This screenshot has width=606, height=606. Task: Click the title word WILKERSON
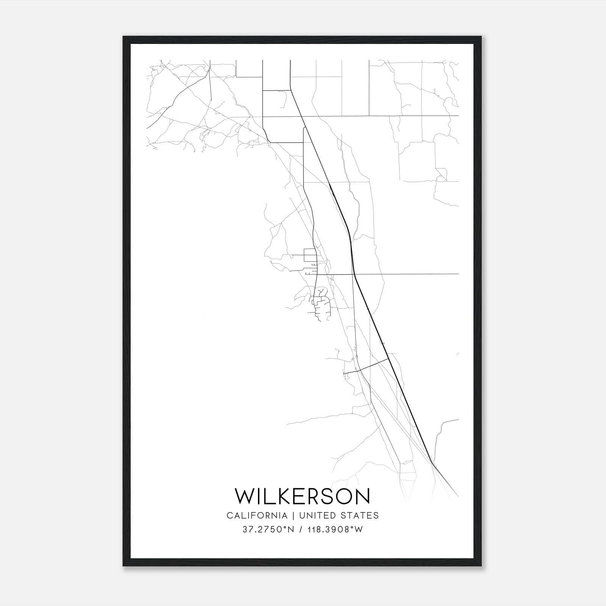point(302,496)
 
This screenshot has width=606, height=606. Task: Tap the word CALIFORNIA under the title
point(256,515)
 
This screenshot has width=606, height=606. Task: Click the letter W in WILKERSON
point(244,496)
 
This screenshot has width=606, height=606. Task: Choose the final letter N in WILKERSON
point(362,496)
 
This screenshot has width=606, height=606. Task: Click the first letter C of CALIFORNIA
point(230,515)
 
